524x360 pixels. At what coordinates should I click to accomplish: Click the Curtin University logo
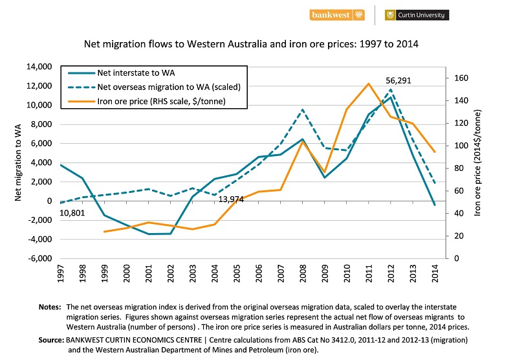coord(417,14)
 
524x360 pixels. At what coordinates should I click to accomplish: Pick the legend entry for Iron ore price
coord(160,101)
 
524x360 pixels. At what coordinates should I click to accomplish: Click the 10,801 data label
coord(73,214)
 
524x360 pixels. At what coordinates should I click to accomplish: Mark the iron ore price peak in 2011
coord(369,84)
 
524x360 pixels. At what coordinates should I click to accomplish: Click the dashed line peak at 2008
coord(302,109)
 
